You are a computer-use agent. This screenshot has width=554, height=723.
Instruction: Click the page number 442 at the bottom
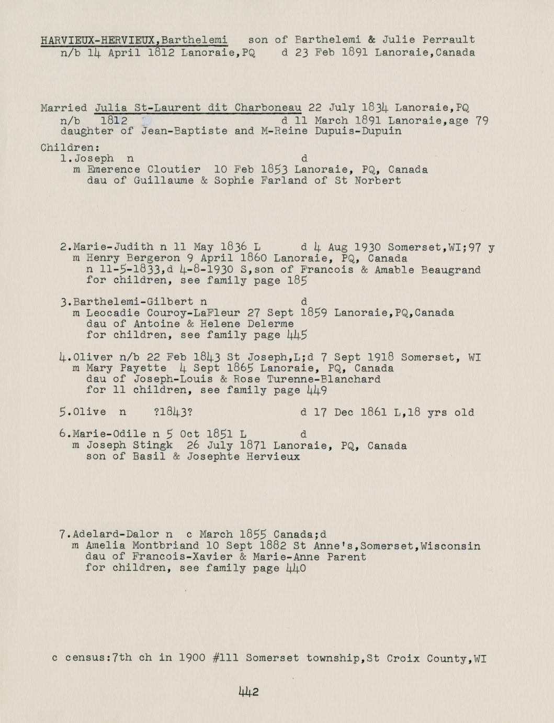pyautogui.click(x=248, y=692)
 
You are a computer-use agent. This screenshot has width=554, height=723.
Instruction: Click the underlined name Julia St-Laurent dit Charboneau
pyautogui.click(x=198, y=108)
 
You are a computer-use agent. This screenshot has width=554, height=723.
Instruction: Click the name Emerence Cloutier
pyautogui.click(x=143, y=170)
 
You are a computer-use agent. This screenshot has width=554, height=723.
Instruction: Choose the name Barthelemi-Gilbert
pyautogui.click(x=133, y=302)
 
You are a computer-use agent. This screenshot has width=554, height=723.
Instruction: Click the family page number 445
pyautogui.click(x=297, y=335)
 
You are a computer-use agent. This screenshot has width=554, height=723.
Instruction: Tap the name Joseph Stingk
pyautogui.click(x=129, y=446)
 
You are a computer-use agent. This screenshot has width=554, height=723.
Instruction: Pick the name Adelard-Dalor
pyautogui.click(x=116, y=534)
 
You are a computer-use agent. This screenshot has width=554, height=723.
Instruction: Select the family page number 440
pyautogui.click(x=296, y=568)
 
